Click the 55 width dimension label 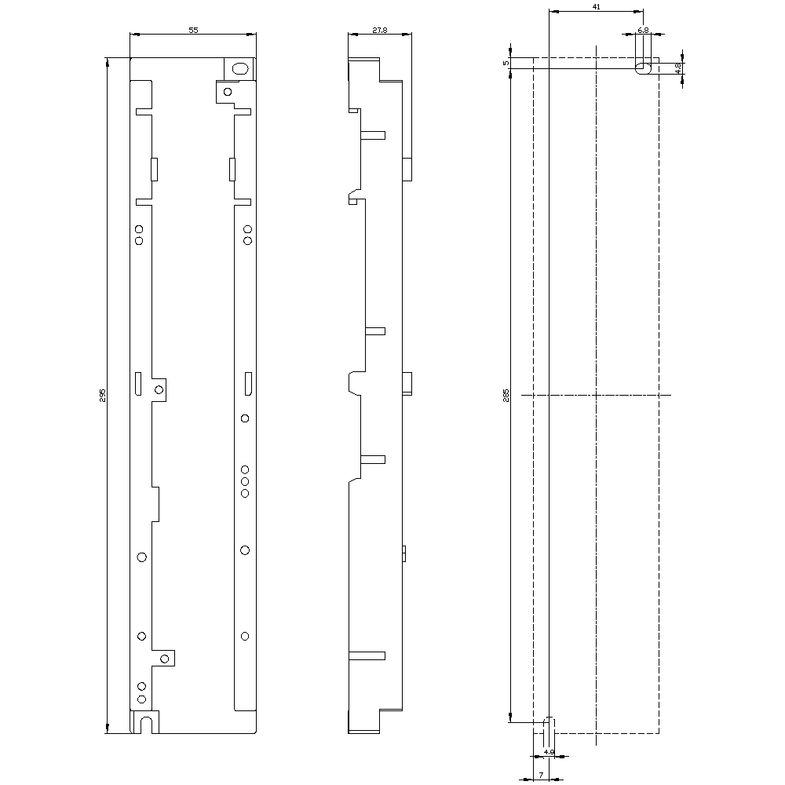pos(193,29)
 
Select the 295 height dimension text pos(102,395)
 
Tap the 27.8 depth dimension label pos(379,29)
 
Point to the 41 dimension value pos(596,6)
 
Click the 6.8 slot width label pos(643,29)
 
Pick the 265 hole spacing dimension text pos(506,395)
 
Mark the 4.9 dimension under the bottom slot pos(549,752)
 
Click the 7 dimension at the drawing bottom pos(542,776)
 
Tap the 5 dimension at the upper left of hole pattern pos(506,63)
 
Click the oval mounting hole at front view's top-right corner pos(240,68)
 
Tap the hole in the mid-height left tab pos(159,390)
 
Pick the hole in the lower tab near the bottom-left pos(165,658)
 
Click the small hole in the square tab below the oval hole pos(227,92)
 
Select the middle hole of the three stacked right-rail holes pos(245,480)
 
